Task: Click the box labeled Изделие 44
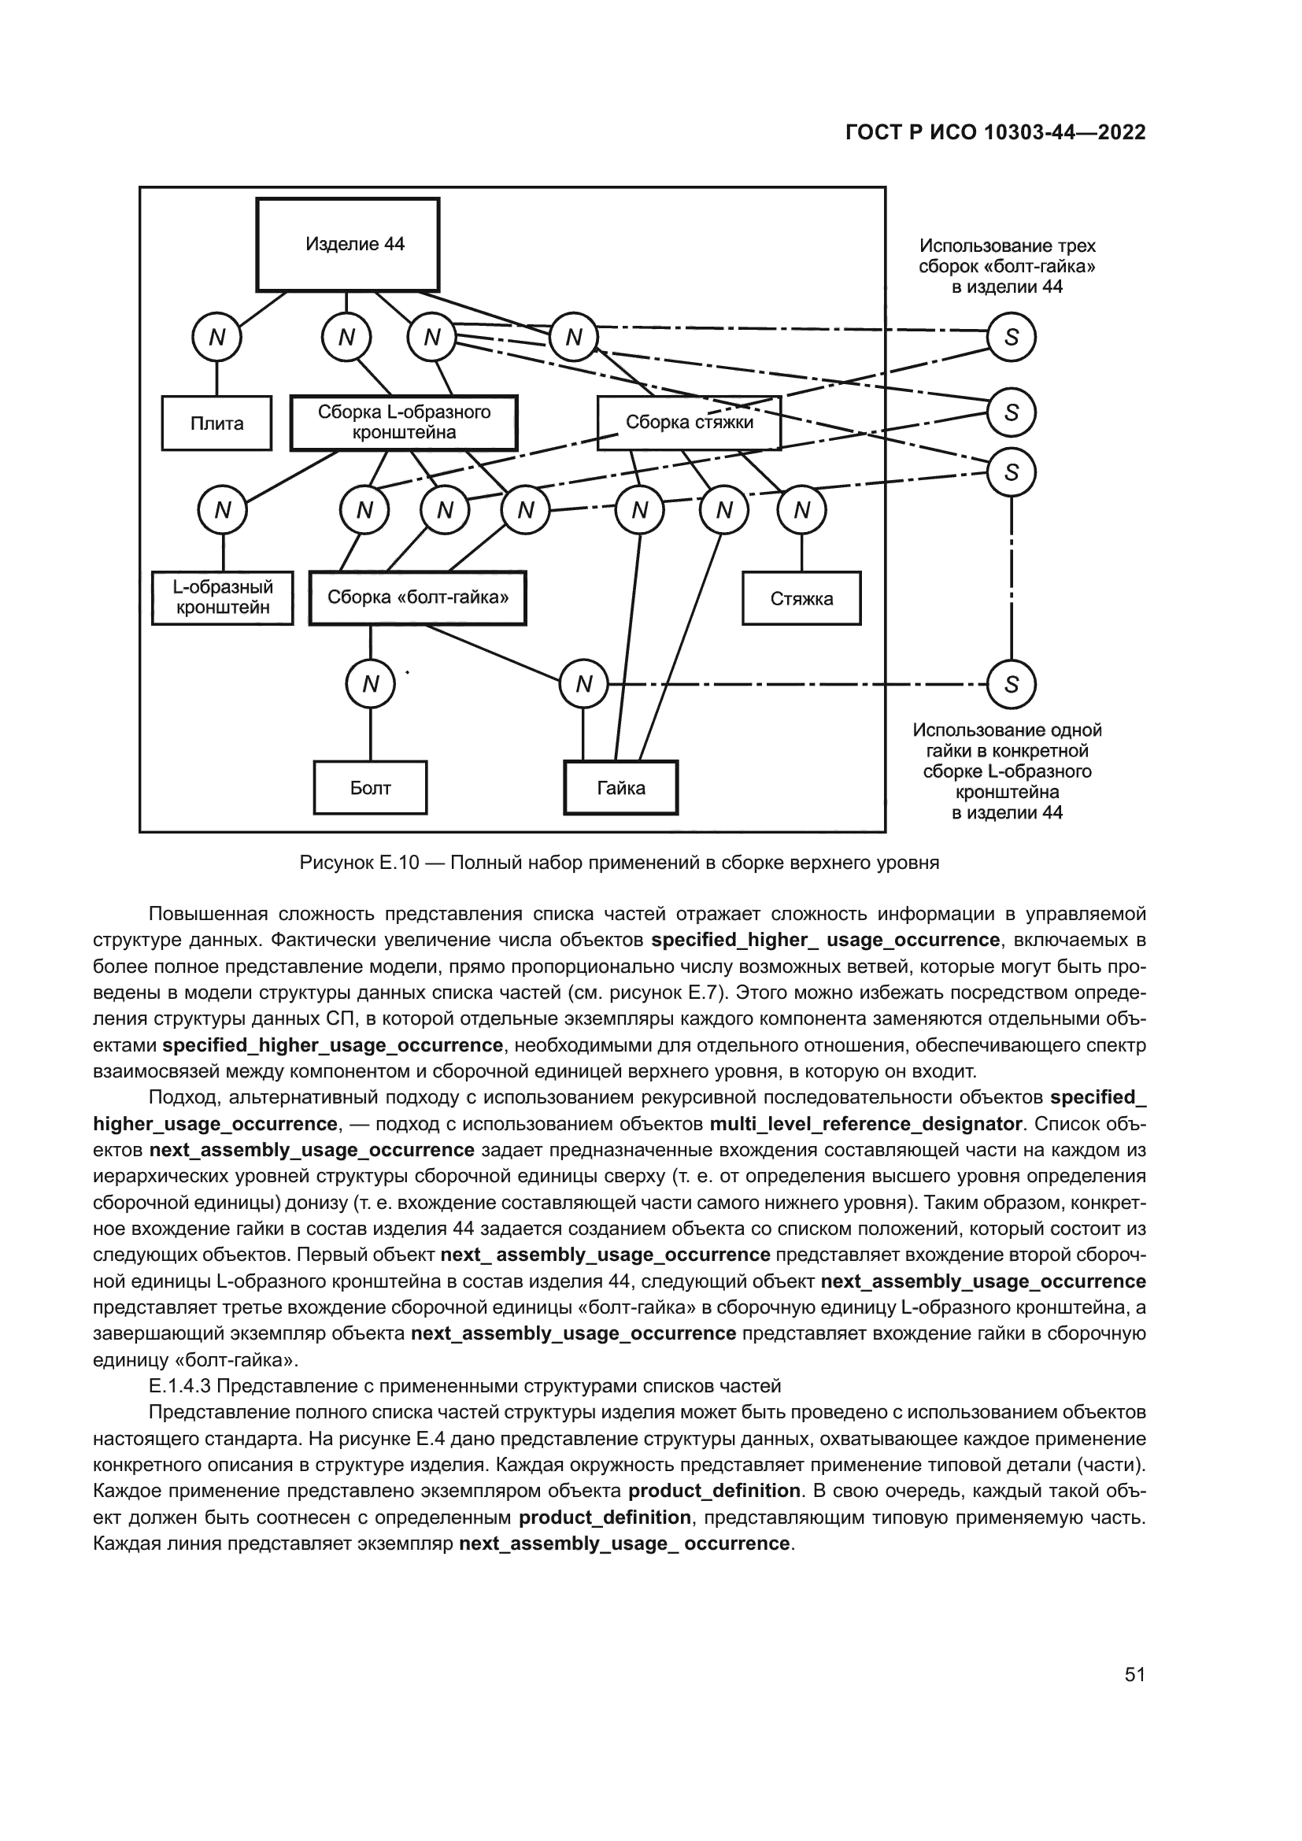[347, 245]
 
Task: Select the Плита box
[216, 423]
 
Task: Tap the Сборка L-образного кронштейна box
[403, 423]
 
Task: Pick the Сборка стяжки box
[689, 423]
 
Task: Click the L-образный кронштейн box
[222, 598]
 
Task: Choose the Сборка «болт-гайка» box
[418, 598]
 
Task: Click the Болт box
[370, 788]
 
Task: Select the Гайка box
[620, 788]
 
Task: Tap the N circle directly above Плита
[216, 338]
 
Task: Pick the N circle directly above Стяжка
[801, 511]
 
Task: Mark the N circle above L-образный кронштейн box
[223, 511]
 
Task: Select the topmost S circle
[1011, 338]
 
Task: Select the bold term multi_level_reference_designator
[865, 1124]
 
